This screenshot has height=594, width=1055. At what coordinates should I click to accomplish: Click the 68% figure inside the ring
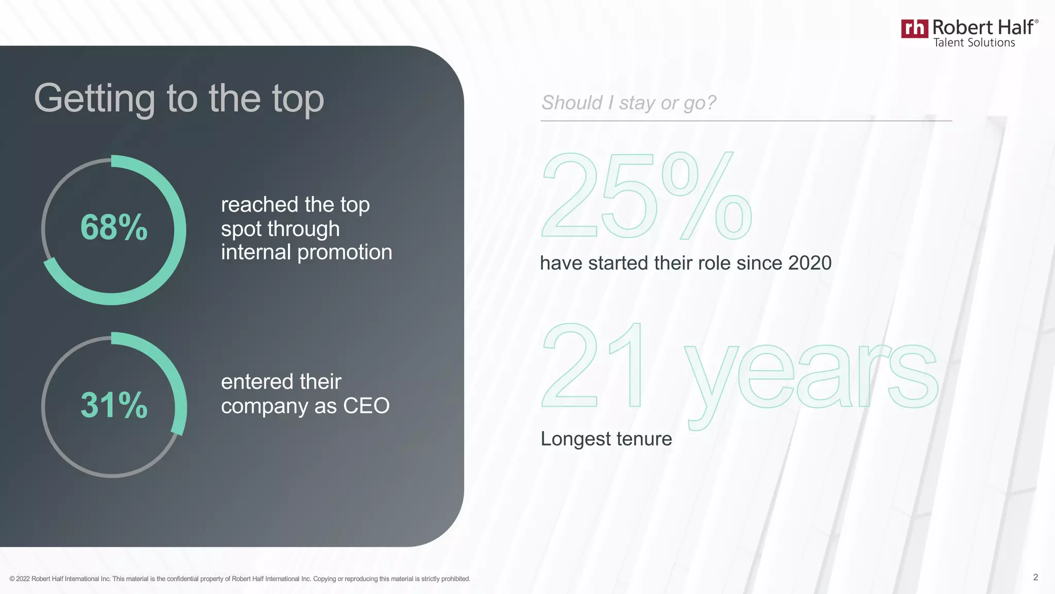[114, 227]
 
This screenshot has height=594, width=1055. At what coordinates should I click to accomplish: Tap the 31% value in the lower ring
[114, 405]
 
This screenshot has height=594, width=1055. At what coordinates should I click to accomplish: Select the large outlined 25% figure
[646, 196]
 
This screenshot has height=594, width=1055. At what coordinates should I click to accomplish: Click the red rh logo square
[914, 28]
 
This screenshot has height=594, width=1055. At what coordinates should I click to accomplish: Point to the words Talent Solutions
[974, 43]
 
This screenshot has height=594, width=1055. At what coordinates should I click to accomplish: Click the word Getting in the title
[94, 98]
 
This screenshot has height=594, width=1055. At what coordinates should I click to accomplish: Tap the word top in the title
[298, 98]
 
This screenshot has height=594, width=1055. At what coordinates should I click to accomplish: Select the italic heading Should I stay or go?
[628, 103]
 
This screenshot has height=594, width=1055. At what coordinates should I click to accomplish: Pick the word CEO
[366, 406]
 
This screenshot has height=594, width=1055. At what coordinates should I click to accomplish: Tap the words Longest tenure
[606, 439]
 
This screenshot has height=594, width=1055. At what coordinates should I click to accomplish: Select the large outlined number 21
[592, 366]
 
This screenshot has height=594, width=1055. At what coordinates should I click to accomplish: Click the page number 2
[1035, 577]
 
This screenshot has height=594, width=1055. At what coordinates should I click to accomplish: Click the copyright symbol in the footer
[12, 579]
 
